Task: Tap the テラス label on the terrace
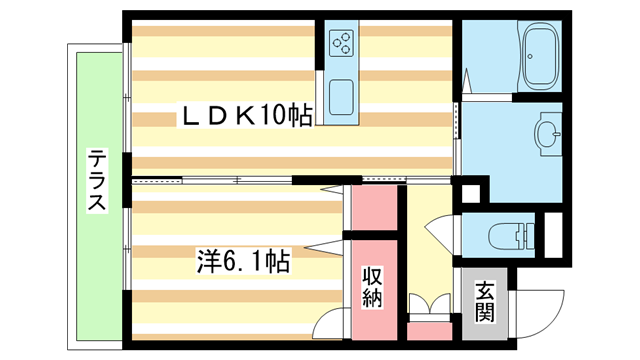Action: pyautogui.click(x=97, y=181)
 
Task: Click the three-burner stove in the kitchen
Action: pyautogui.click(x=341, y=43)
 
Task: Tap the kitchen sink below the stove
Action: pyautogui.click(x=341, y=97)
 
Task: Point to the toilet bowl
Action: pyautogui.click(x=501, y=237)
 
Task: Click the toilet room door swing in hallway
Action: pyautogui.click(x=440, y=230)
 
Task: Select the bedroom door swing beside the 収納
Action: pyautogui.click(x=328, y=322)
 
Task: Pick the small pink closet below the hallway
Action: pyautogui.click(x=429, y=330)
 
